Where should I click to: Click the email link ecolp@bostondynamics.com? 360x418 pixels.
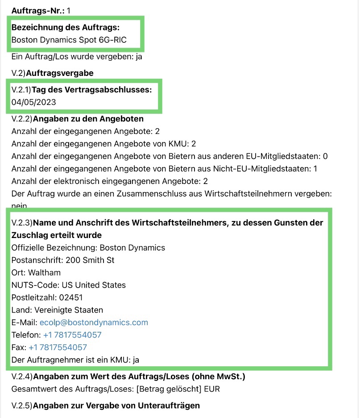94,322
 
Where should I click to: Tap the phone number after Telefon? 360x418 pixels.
72,335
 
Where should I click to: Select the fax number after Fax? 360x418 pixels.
58,347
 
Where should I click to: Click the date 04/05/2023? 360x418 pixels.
34,102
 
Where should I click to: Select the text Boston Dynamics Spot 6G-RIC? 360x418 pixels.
69,40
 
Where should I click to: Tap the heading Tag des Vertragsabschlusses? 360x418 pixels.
91,90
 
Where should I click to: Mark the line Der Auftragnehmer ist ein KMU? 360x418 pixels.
77,360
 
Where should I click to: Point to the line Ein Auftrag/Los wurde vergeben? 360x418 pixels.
77,57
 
